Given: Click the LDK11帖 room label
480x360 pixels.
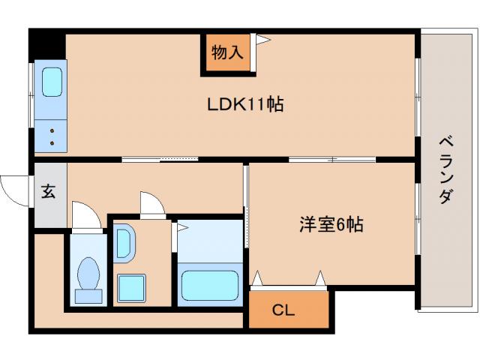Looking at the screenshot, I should click(245, 104).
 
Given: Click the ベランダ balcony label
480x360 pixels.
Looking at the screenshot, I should click(445, 169).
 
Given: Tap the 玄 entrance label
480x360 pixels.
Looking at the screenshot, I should click(48, 192).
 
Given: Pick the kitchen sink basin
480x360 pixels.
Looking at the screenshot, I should click(52, 82).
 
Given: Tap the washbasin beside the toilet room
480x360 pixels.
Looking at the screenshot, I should click(124, 244).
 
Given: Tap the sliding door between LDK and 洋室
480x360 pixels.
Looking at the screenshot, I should click(331, 159).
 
